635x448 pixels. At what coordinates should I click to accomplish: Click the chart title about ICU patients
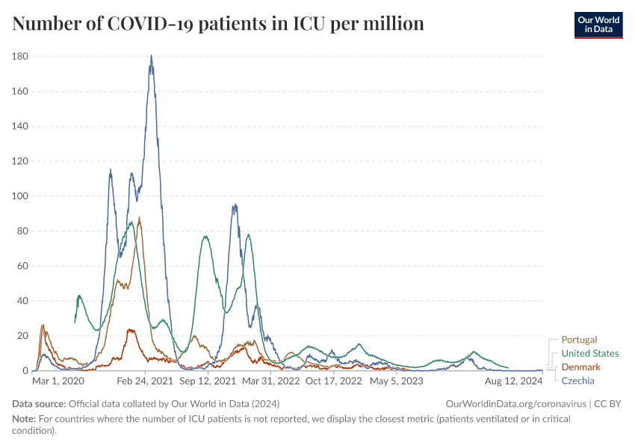coord(218,24)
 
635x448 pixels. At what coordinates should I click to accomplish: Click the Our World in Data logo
coord(598,25)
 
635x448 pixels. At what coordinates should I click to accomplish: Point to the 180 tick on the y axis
coord(20,56)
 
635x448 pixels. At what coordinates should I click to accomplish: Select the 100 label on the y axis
coord(20,196)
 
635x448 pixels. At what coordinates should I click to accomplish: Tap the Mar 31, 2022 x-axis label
coord(271,381)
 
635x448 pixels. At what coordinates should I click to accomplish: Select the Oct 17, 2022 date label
coord(334,381)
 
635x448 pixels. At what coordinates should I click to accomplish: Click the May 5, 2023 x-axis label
coord(397,381)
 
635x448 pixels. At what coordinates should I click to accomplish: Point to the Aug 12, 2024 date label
coord(514,381)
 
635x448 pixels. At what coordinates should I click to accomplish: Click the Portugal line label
coord(579,340)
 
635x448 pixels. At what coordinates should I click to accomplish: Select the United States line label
coord(589,353)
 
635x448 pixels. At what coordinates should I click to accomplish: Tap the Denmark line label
coord(580,367)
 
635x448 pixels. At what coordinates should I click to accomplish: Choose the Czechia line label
coord(577,381)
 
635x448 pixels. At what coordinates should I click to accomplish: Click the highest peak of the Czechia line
coord(151,56)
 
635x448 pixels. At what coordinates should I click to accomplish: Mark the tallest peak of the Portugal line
coord(139,218)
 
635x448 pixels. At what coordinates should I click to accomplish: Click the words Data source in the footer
coord(38,403)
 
